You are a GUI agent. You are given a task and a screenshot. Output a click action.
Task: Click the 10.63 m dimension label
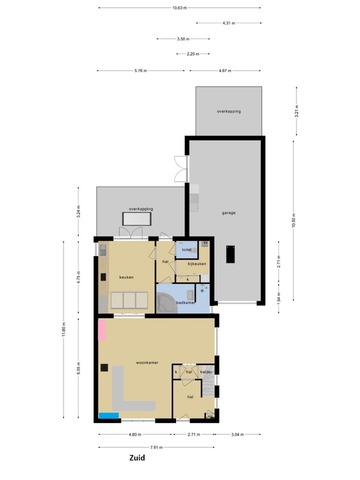pos(179,8)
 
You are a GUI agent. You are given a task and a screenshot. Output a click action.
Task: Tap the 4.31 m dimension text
pos(229,23)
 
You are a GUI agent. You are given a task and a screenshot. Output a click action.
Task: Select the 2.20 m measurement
pos(193,54)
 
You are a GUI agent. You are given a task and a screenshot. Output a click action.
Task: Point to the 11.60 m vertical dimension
pos(64,329)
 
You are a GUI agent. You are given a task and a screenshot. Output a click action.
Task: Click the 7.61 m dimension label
pos(157,447)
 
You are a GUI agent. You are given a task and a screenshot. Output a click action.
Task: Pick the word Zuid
pos(137,458)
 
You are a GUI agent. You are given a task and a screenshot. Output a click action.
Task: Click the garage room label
pos(229,213)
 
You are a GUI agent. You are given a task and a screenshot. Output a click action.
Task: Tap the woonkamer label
pos(147,362)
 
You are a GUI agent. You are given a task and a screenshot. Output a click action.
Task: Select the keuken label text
pos(127,277)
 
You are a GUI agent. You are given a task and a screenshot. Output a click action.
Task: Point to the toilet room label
pos(187,250)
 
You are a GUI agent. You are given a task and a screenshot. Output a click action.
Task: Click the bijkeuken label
pos(197,263)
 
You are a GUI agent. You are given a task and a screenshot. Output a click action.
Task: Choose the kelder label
pos(206,372)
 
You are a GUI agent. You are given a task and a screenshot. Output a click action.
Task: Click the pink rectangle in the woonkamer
pos(102,331)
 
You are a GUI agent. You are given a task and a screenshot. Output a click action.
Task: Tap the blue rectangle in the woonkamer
pos(109,416)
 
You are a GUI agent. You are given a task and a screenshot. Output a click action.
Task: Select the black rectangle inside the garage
pos(230,254)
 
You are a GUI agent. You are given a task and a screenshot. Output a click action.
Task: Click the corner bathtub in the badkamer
pos(166,302)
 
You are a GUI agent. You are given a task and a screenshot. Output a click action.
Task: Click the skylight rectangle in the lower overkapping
pos(137,219)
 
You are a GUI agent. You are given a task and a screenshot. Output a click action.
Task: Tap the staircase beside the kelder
pos(208,381)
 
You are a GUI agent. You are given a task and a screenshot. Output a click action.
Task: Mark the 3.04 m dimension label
pos(238,434)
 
